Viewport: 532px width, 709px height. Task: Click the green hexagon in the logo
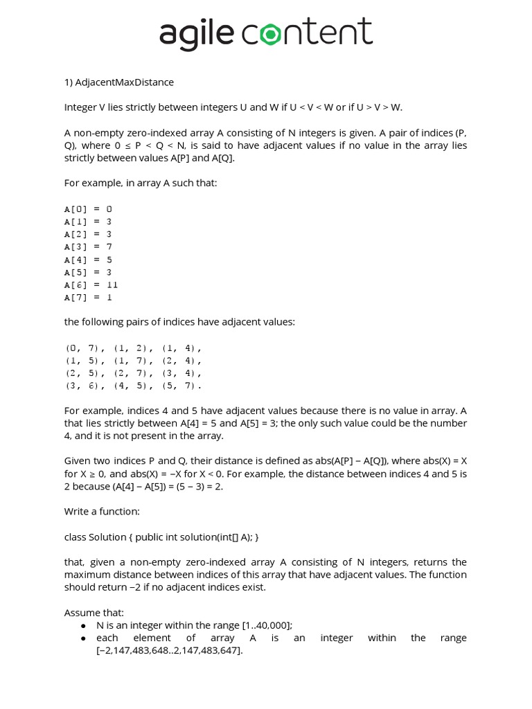(269, 33)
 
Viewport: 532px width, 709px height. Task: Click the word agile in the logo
(197, 34)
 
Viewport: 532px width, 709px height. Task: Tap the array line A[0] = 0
(88, 208)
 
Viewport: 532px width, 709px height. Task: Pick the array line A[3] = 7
(88, 246)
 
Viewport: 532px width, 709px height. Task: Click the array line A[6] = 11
(91, 285)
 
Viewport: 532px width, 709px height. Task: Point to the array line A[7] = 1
(88, 297)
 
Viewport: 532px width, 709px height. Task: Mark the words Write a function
(102, 512)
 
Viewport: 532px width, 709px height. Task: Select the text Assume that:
(94, 613)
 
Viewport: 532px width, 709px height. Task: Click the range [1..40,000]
(267, 625)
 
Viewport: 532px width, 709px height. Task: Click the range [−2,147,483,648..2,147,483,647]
(169, 651)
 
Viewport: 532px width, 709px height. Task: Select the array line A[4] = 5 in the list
(88, 260)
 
